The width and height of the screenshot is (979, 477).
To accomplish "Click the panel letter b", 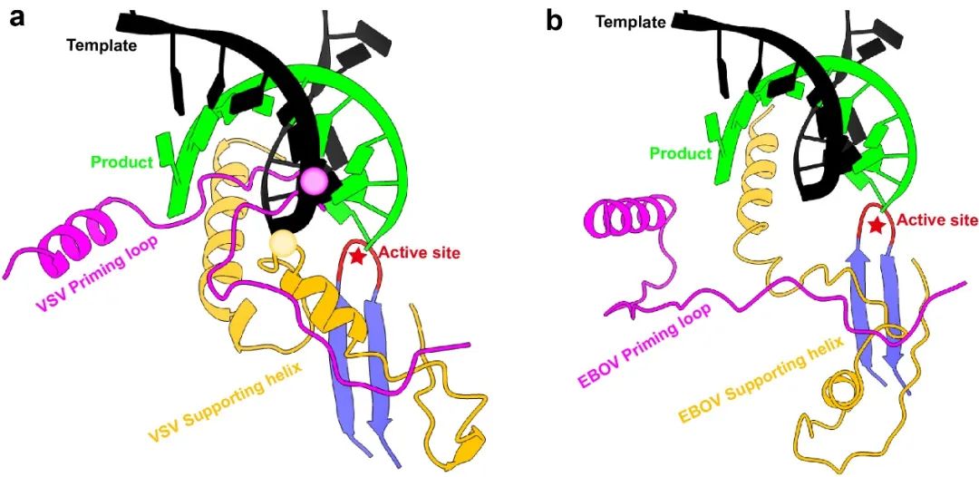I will pos(554,19).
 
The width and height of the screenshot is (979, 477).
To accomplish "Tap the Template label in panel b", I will pos(630,19).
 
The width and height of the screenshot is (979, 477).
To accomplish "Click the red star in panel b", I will pos(876,223).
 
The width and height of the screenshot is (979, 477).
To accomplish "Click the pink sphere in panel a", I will pos(316,180).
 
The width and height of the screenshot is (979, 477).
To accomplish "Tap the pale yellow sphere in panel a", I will pos(283,242).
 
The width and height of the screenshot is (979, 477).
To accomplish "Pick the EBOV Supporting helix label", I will pos(761,385).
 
